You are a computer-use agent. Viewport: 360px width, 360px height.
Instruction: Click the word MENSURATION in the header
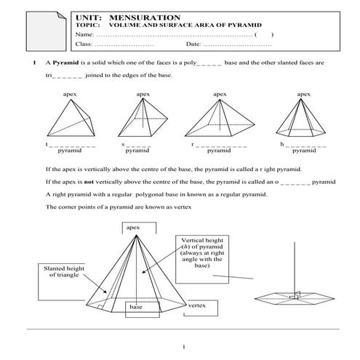coord(145,17)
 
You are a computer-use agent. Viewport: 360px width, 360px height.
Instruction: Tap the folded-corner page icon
coord(46,31)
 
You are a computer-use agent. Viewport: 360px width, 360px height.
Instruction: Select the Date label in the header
coord(193,44)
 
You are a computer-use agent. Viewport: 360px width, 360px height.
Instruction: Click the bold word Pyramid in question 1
coord(65,63)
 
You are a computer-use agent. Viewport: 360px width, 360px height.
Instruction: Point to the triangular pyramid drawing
coord(71,118)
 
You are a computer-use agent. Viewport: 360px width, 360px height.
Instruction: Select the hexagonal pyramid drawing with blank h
coord(300,118)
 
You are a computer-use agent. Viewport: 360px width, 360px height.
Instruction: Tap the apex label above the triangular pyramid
coord(70,95)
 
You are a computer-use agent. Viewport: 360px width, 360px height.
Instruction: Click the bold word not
coord(89,182)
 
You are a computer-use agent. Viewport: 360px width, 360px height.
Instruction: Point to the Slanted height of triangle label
coord(64,271)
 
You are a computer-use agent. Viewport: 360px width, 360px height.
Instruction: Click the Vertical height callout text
coord(202,253)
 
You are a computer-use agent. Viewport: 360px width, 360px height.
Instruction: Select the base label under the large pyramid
coord(136,307)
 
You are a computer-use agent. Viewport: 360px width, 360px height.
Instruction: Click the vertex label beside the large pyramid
coord(196,305)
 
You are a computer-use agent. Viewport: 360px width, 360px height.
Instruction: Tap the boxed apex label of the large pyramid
coord(133,228)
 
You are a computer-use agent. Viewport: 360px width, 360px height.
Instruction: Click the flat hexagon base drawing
coord(295,298)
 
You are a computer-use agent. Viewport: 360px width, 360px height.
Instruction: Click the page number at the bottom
coord(184,347)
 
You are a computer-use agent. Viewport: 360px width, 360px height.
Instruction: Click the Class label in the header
coord(84,44)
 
